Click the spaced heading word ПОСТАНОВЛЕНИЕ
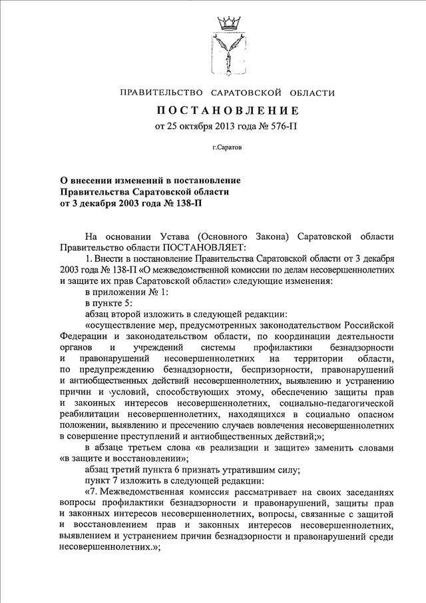click(228, 110)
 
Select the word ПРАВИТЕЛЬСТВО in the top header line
click(158, 92)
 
